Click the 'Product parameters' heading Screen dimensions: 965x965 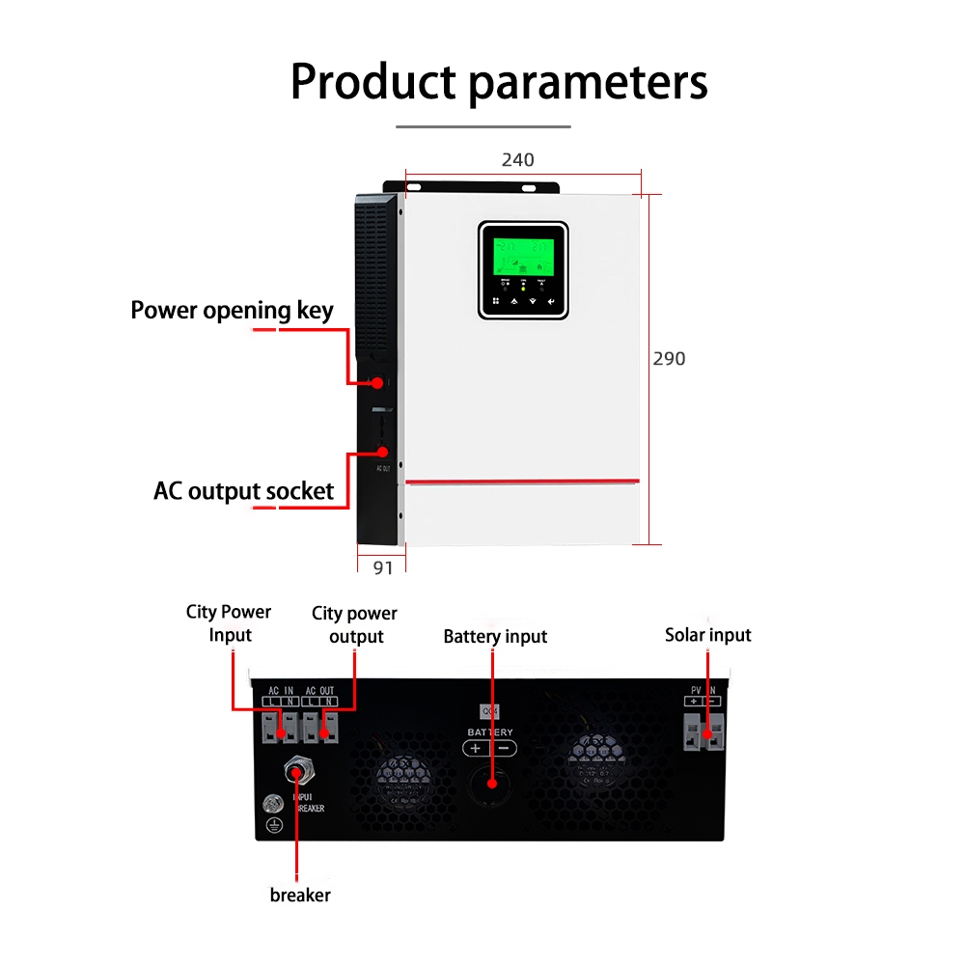click(499, 82)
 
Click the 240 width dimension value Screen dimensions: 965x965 click(517, 159)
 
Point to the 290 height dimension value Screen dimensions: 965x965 click(669, 358)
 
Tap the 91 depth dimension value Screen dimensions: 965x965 click(383, 567)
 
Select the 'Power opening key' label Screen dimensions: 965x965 click(232, 310)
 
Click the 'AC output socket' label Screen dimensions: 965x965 click(243, 490)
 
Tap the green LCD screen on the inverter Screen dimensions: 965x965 click(523, 255)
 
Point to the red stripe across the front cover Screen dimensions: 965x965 click(522, 481)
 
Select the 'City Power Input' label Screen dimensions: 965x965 click(229, 622)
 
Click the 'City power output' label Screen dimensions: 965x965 click(354, 624)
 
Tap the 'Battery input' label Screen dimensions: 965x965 click(495, 636)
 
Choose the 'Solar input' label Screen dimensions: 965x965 click(707, 634)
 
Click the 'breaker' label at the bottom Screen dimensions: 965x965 click(300, 895)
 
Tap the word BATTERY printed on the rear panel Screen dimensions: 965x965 click(490, 732)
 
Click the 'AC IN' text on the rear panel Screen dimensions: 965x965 click(280, 691)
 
